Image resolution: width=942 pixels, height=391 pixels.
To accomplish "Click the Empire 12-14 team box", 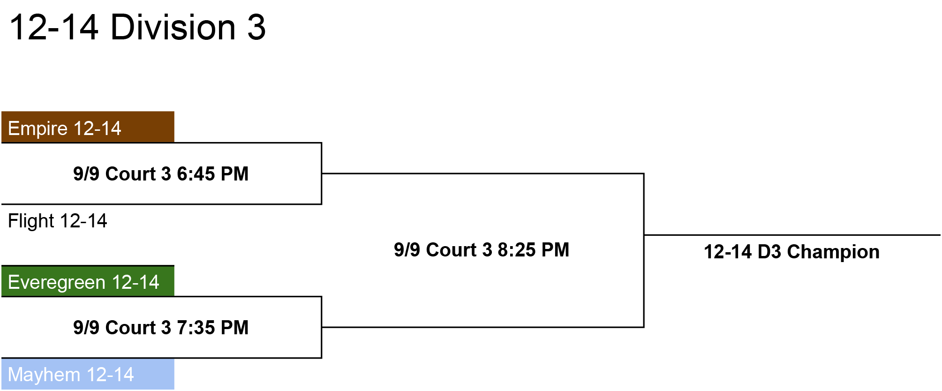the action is point(88,127).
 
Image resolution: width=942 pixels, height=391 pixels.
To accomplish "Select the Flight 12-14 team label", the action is point(58,221).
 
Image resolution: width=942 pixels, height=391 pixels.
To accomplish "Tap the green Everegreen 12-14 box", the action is point(88,281).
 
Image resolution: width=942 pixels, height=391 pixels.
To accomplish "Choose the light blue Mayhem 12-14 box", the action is point(88,374).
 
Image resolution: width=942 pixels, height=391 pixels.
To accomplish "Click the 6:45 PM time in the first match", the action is point(212,174).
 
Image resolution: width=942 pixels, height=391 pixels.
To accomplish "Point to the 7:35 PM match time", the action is point(212,328).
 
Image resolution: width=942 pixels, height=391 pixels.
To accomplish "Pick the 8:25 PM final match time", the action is point(533,250).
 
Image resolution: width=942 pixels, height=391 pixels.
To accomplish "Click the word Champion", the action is point(833,252).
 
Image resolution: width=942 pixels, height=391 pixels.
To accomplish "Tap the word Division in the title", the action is point(173,27).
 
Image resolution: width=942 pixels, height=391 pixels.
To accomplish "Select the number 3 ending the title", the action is point(256,27).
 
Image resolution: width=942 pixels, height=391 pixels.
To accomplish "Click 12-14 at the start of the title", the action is point(54,27).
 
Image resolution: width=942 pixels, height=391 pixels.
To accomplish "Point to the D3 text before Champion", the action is point(769,252).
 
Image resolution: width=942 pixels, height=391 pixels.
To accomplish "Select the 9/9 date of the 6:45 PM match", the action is point(86,174).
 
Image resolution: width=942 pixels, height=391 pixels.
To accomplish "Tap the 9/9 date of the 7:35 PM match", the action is point(86,328).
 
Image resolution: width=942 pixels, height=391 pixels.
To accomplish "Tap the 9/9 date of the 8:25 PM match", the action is point(407,250).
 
